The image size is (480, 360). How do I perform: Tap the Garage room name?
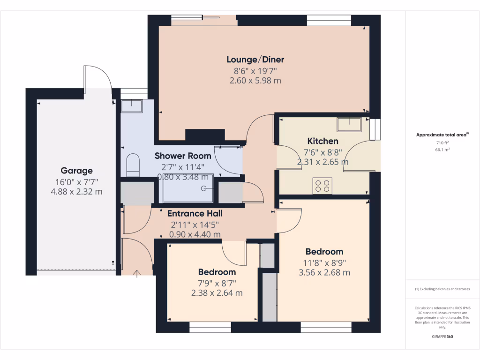point(76,171)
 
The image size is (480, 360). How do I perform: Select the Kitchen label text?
point(322,141)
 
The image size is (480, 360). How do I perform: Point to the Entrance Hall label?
point(195,213)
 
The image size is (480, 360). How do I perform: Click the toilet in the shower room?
point(134,164)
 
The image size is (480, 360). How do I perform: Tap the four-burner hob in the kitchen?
point(322,186)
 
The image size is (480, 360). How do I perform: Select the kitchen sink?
point(349,125)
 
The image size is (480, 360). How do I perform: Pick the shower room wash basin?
point(132,106)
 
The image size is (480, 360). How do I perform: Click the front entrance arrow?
point(137,273)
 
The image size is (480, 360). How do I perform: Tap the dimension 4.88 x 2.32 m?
point(76,192)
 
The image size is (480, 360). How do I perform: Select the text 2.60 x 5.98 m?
point(255,81)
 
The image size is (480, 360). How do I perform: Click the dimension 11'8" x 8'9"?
point(324,262)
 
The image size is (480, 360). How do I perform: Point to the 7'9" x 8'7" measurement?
point(217,283)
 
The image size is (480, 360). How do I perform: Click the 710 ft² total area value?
point(442,142)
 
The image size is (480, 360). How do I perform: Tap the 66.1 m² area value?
point(442,150)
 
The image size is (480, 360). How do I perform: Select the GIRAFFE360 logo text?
point(442,337)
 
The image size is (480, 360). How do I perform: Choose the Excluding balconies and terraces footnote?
point(442,289)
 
